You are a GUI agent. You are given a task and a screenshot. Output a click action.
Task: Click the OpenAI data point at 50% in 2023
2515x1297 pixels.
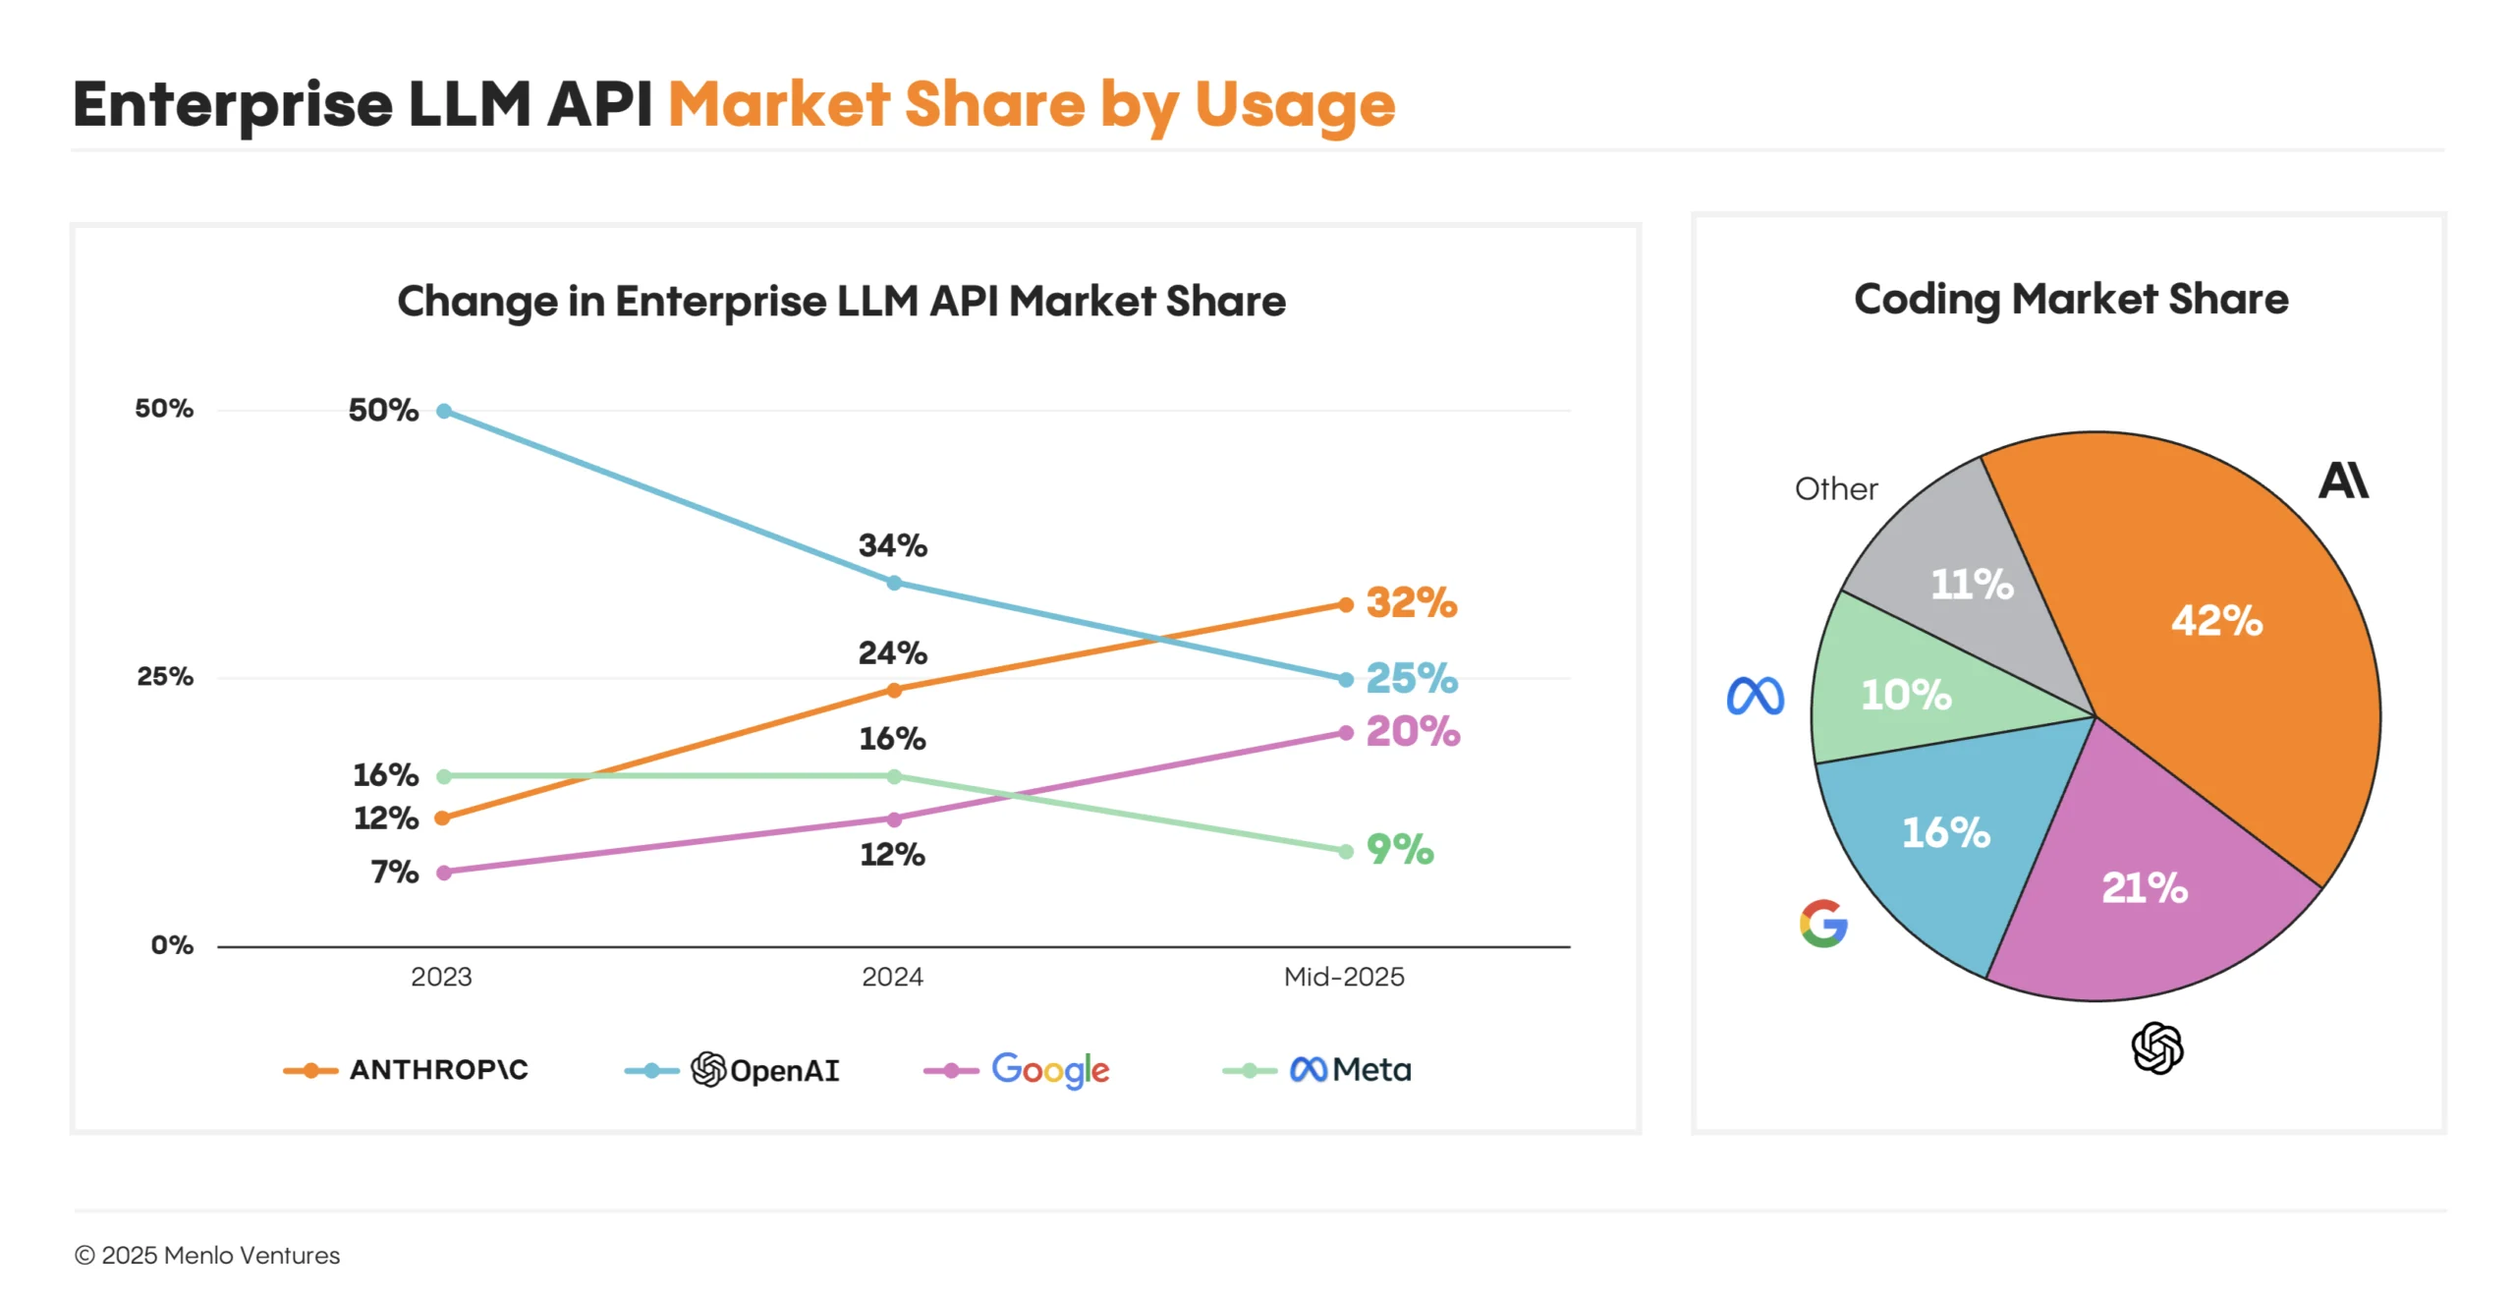(444, 411)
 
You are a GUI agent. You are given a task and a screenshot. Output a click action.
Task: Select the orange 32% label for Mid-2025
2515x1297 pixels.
(1411, 602)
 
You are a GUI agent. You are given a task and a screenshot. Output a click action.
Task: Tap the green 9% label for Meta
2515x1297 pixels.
(1400, 849)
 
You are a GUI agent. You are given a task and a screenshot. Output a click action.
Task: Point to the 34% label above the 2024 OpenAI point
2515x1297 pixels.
(892, 545)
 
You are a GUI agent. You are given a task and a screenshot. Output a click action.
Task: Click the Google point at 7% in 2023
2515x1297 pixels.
(444, 873)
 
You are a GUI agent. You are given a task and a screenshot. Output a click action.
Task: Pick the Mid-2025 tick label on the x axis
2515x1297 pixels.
(1343, 977)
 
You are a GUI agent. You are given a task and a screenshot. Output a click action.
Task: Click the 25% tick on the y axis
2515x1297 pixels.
(165, 677)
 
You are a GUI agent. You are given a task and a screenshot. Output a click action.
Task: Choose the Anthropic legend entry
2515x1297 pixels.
(406, 1069)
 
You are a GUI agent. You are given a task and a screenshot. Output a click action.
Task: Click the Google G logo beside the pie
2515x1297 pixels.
(1823, 924)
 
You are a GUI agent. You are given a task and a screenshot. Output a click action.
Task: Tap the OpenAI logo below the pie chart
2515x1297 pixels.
(2157, 1047)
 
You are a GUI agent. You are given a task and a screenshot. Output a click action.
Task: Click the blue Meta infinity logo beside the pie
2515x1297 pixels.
(1755, 696)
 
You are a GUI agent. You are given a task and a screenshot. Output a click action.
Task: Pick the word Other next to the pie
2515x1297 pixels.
(1835, 489)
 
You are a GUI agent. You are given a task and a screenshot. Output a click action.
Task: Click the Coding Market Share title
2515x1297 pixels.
(2071, 300)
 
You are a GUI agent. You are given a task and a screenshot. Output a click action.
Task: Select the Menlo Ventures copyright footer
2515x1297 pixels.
(207, 1256)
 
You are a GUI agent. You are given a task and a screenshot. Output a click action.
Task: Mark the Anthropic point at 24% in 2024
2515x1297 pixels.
(894, 690)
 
